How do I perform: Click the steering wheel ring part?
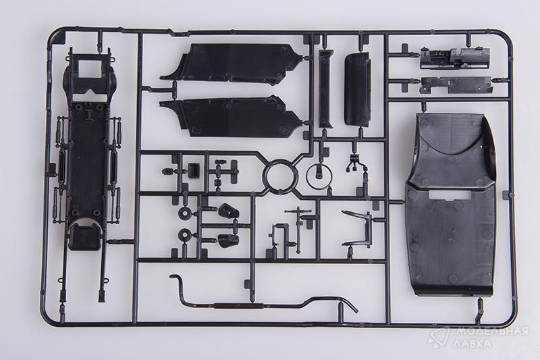click(x=307, y=176)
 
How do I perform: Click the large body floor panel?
click(x=451, y=203)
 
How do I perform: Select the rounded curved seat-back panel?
click(x=358, y=89)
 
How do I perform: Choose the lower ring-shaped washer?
click(x=184, y=235)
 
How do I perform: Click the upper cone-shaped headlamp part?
click(x=228, y=211)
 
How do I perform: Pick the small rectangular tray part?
click(x=194, y=170)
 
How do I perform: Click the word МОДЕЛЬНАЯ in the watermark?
click(x=493, y=332)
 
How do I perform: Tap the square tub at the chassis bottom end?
click(x=84, y=236)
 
